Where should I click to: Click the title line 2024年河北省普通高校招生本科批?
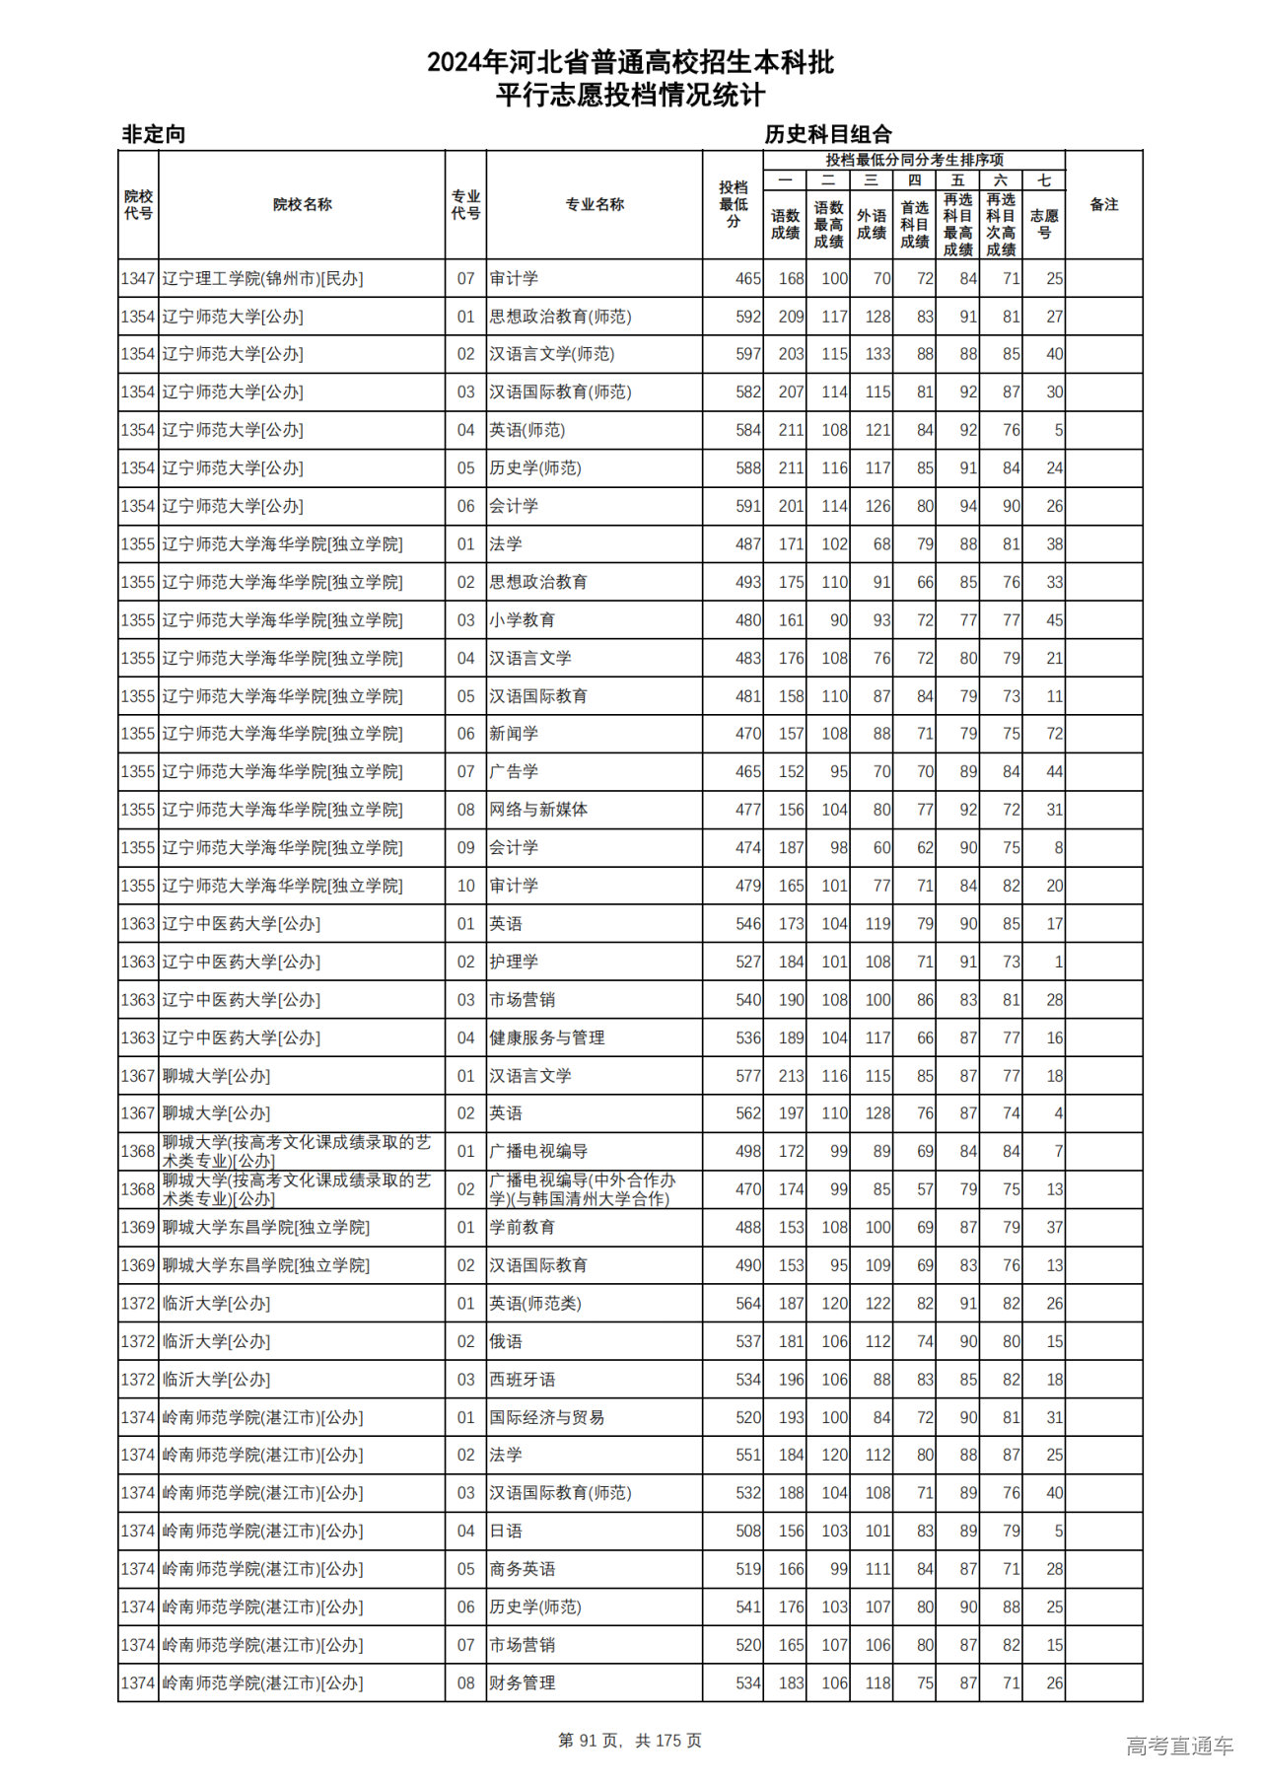[x=630, y=63]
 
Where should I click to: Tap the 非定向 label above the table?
[x=153, y=134]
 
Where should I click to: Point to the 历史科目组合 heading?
[x=828, y=134]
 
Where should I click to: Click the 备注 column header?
[x=1103, y=204]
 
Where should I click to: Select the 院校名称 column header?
[x=302, y=204]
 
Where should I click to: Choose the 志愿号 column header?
[x=1044, y=224]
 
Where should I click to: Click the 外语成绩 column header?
[x=872, y=224]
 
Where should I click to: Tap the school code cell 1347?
[x=138, y=279]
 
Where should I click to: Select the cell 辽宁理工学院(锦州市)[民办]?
[x=262, y=279]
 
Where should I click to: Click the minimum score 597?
[x=748, y=354]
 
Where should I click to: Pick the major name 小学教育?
[x=523, y=620]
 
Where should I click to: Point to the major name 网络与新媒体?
[x=538, y=810]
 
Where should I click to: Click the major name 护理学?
[x=514, y=962]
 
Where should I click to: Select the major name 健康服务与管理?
[x=547, y=1037]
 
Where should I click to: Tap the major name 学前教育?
[x=523, y=1228]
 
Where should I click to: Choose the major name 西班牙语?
[x=523, y=1380]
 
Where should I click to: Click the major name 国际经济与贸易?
[x=547, y=1417]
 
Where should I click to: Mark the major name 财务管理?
[x=523, y=1683]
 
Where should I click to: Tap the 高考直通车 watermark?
[x=1179, y=1746]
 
